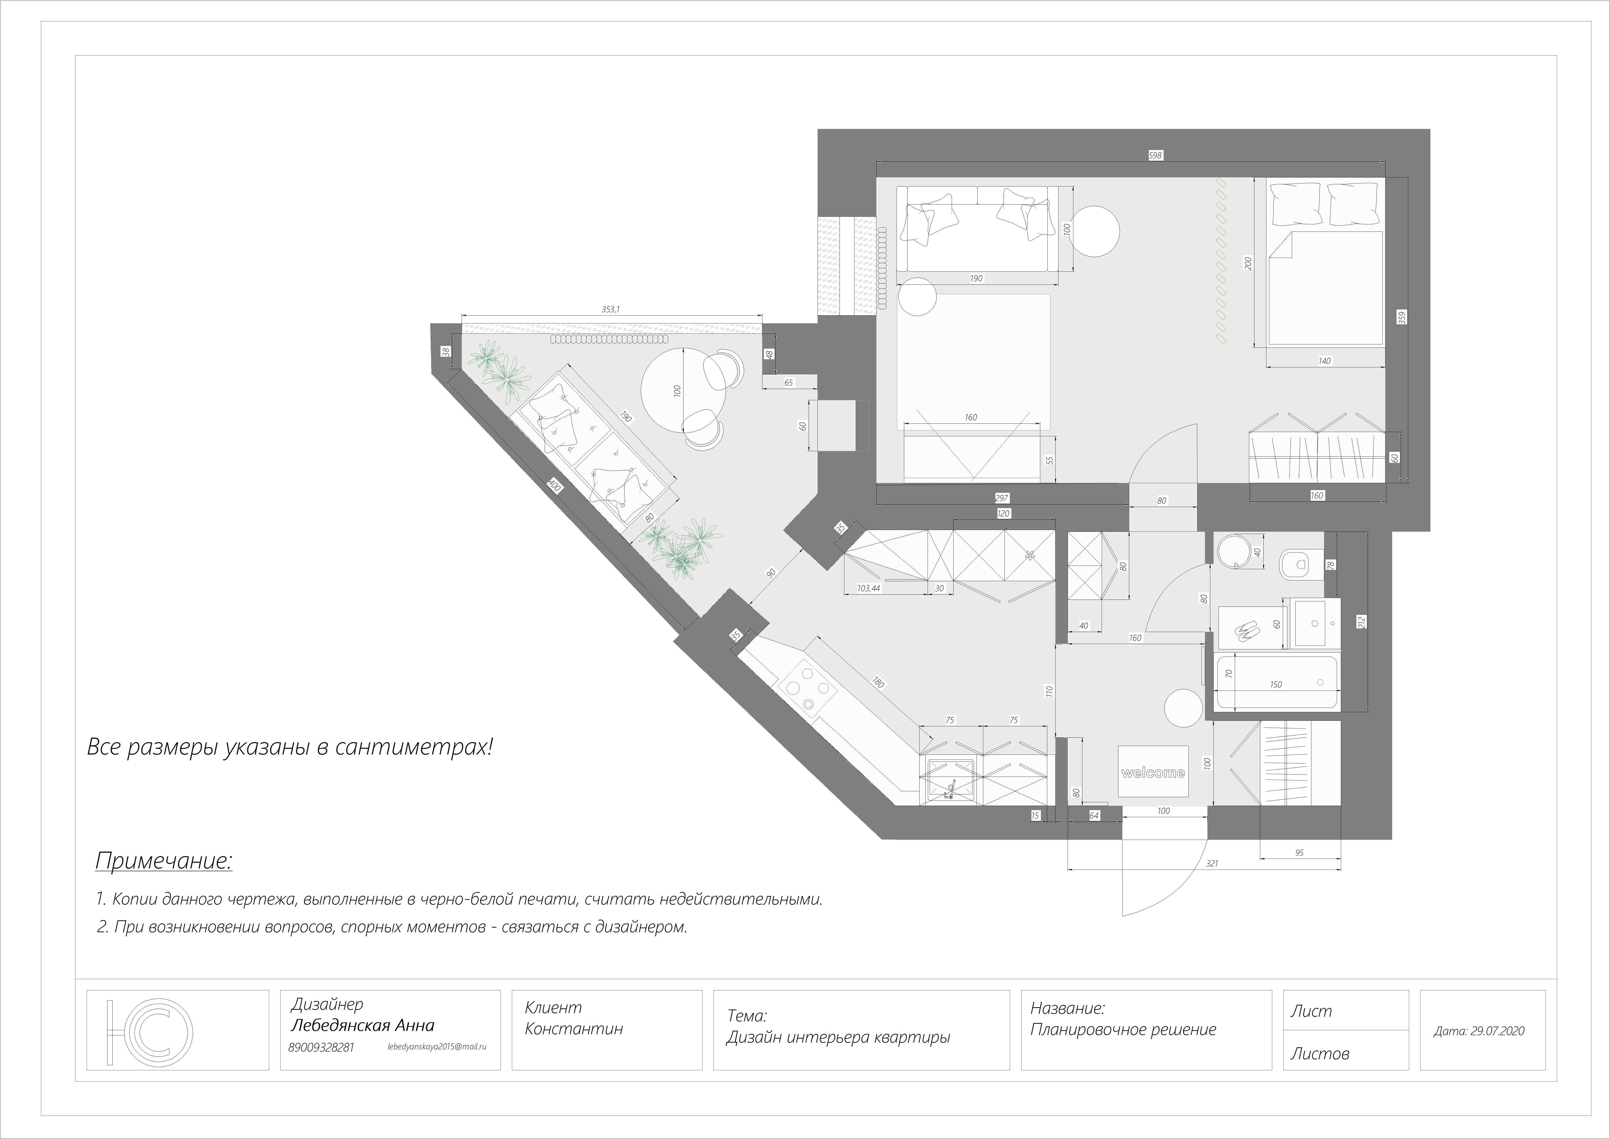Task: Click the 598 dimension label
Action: [x=1156, y=156]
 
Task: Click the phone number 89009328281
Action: [x=321, y=1047]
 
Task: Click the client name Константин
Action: [x=574, y=1029]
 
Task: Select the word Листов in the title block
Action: [x=1320, y=1053]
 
